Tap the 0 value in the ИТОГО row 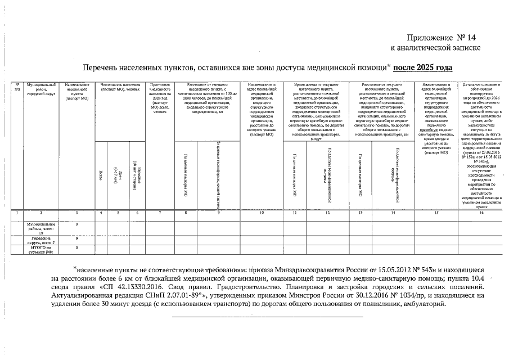click(x=76, y=247)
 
